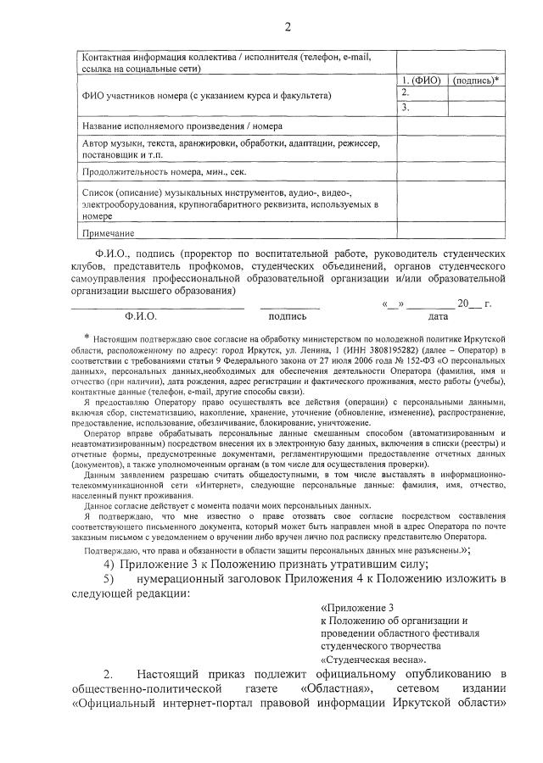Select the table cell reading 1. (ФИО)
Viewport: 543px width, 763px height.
422,81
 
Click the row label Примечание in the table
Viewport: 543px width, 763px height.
109,232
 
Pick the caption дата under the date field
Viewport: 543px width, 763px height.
438,316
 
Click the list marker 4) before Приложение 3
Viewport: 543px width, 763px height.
109,565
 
